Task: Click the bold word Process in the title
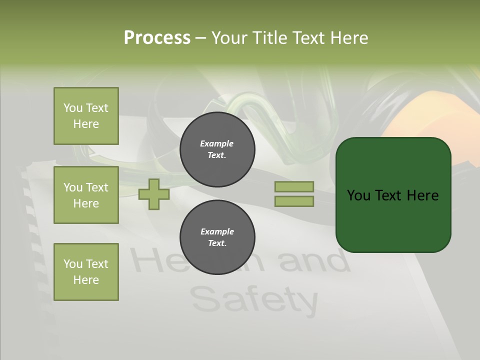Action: point(157,38)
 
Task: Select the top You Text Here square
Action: point(86,116)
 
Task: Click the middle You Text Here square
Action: point(86,195)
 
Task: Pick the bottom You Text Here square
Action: point(86,272)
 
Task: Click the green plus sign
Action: point(154,194)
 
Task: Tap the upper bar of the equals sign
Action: point(294,186)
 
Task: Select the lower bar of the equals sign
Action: point(294,201)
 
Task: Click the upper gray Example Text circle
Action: point(217,149)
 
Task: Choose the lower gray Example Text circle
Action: point(217,237)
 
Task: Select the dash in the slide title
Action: point(200,38)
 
